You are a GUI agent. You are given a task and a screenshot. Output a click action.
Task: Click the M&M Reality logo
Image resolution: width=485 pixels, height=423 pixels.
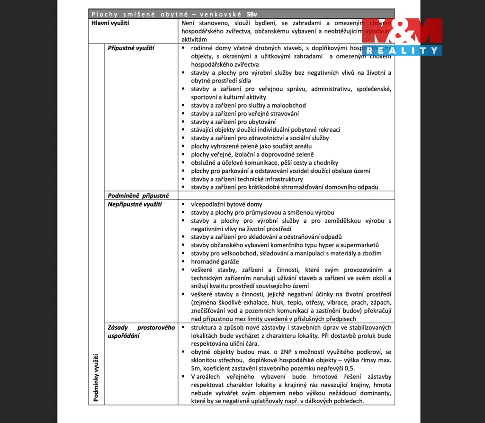402,36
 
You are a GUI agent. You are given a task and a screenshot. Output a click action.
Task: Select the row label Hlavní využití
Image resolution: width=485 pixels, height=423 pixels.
110,23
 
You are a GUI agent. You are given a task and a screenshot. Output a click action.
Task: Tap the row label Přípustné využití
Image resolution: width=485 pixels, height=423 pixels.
131,48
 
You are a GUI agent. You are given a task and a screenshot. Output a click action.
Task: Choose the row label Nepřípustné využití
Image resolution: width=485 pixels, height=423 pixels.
135,204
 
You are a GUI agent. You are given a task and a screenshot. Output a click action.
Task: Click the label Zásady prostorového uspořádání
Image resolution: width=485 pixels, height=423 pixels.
141,332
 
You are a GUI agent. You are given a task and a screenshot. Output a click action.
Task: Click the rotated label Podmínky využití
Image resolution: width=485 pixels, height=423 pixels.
96,378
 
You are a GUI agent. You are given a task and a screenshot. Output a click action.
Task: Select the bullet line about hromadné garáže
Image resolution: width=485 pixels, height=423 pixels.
215,261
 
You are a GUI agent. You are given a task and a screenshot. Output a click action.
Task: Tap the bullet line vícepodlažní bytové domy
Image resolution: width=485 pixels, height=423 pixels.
226,204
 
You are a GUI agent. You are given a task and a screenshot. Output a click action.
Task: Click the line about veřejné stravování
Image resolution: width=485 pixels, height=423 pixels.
244,114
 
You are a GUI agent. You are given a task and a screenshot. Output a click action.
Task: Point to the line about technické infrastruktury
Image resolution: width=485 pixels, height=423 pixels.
247,179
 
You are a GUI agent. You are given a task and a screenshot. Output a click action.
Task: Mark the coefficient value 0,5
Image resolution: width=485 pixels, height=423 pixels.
349,368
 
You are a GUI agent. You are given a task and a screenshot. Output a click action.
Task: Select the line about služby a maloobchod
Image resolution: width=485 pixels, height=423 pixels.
248,105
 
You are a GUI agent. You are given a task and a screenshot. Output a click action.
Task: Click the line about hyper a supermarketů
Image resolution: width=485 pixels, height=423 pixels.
285,245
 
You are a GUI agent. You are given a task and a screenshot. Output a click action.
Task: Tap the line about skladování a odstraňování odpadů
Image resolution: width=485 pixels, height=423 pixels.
266,237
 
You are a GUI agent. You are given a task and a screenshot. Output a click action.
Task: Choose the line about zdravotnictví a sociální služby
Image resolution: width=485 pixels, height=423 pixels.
260,138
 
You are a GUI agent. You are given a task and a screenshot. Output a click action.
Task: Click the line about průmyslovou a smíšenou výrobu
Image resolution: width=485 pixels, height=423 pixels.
262,212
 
